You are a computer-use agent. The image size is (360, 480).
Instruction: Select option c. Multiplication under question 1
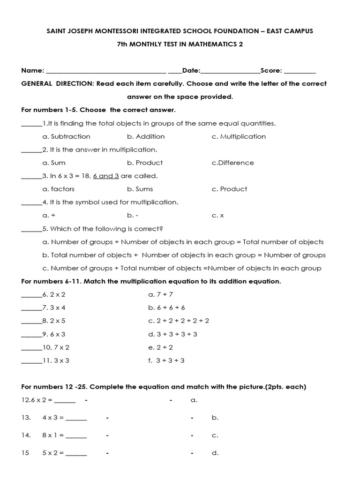tap(239, 136)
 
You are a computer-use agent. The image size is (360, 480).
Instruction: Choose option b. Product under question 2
tap(145, 163)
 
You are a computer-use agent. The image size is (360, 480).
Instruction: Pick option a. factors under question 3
tap(58, 189)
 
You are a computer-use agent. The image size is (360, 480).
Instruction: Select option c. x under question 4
tap(218, 216)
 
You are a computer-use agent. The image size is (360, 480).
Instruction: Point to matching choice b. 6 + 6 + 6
tap(166, 307)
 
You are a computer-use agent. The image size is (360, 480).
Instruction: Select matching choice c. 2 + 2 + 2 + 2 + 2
tap(179, 321)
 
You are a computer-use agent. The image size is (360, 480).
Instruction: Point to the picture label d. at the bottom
tap(215, 453)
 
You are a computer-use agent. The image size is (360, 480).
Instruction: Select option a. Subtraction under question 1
tap(66, 136)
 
